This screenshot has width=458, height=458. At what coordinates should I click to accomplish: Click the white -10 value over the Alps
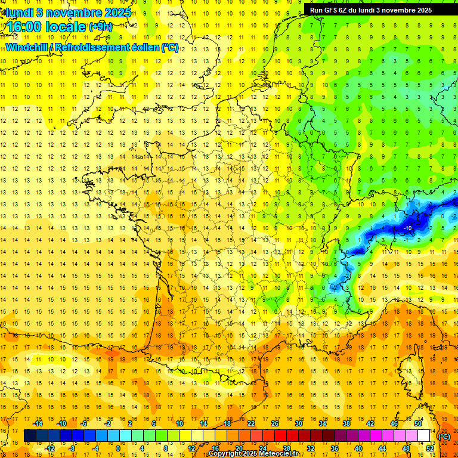click(x=408, y=228)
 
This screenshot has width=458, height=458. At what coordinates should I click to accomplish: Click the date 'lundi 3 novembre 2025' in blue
click(x=69, y=13)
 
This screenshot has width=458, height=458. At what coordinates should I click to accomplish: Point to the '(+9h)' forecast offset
click(x=100, y=26)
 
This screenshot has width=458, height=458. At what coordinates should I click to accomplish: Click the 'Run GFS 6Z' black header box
click(x=376, y=10)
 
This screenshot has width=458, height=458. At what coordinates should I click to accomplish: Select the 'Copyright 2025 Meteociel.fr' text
click(x=253, y=454)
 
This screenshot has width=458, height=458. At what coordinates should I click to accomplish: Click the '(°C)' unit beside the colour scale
click(x=444, y=437)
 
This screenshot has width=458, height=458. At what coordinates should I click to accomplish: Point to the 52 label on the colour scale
click(x=429, y=448)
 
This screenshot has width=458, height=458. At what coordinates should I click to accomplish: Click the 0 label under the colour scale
click(x=118, y=448)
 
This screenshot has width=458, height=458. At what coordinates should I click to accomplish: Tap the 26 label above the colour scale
click(x=275, y=423)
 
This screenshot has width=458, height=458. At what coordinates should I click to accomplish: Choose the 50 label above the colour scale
click(x=418, y=423)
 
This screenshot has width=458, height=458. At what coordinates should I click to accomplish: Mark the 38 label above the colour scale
click(x=346, y=423)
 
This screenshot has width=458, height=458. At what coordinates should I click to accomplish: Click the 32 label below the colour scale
click(x=311, y=448)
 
